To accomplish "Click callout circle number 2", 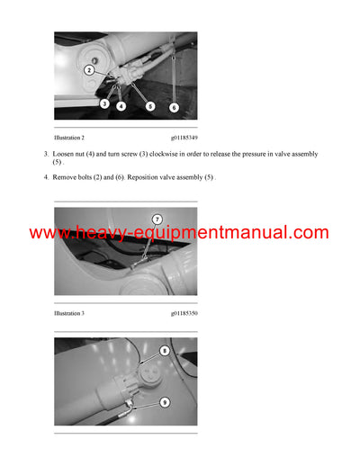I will (x=89, y=69).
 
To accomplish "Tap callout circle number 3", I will (x=104, y=104).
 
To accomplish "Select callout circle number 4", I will (x=121, y=106).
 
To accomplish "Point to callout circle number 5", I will (x=149, y=106).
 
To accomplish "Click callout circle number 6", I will (x=175, y=107).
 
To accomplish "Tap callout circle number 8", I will (x=165, y=351).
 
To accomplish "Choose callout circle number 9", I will (x=165, y=403).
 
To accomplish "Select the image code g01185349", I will (x=184, y=139).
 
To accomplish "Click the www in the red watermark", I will (x=49, y=233).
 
